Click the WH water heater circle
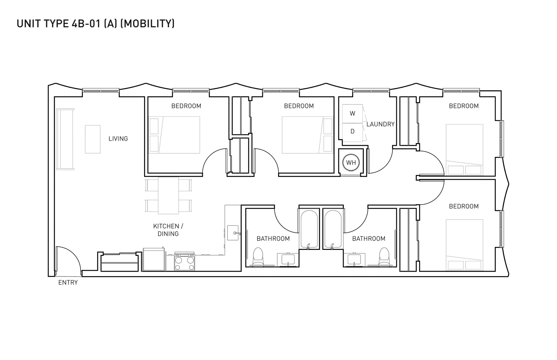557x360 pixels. (351, 163)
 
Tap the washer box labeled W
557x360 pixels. (352, 113)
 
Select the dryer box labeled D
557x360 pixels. (352, 132)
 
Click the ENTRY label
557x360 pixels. (68, 283)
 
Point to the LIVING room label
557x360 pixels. (118, 139)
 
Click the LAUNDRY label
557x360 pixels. (380, 124)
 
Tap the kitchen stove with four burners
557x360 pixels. (185, 262)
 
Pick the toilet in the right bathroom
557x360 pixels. (384, 257)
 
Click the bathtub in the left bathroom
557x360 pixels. (308, 229)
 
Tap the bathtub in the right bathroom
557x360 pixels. (333, 229)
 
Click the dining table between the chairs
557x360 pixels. (168, 195)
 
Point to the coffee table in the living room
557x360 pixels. (93, 139)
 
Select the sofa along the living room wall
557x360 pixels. (65, 139)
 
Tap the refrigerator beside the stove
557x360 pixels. (153, 259)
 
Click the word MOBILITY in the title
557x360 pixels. (147, 23)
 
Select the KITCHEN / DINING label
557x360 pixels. (168, 230)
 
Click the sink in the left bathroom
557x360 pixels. (287, 259)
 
